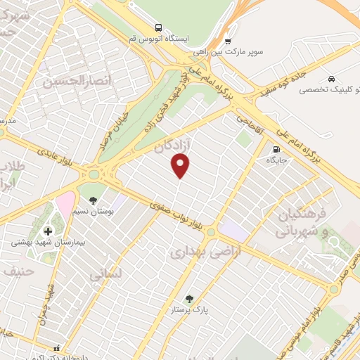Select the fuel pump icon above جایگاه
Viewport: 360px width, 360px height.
point(276,149)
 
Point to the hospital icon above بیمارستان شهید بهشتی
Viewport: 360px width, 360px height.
point(48,231)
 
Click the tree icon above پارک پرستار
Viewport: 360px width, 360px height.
point(189,298)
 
